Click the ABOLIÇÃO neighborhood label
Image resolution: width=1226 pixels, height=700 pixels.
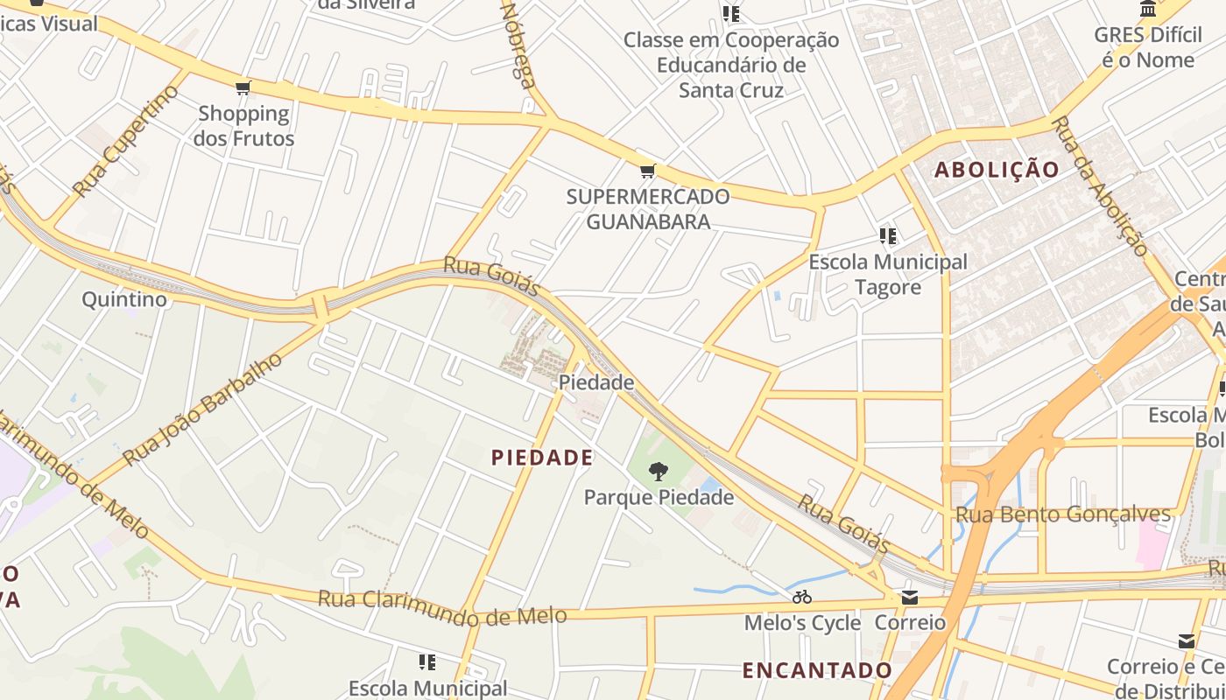pyautogui.click(x=997, y=170)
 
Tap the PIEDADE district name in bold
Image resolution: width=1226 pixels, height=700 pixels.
pyautogui.click(x=542, y=457)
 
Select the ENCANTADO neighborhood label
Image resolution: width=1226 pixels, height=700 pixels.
pyautogui.click(x=817, y=670)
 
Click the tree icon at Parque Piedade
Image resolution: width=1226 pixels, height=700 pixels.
pyautogui.click(x=658, y=472)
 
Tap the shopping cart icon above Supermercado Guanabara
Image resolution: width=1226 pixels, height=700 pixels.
pyautogui.click(x=647, y=171)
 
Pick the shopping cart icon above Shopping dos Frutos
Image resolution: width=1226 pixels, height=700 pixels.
pyautogui.click(x=243, y=87)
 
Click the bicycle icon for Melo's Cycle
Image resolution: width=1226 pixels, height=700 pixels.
pyautogui.click(x=802, y=598)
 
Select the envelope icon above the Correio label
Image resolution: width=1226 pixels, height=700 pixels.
pyautogui.click(x=910, y=598)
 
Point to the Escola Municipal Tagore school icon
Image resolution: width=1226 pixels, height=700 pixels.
pyautogui.click(x=888, y=236)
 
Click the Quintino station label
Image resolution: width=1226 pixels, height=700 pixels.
pyautogui.click(x=123, y=299)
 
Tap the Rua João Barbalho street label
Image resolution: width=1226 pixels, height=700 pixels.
pyautogui.click(x=203, y=409)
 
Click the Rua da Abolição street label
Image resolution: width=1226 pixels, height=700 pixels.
pyautogui.click(x=1099, y=185)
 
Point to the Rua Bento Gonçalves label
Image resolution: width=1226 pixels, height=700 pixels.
pyautogui.click(x=1062, y=514)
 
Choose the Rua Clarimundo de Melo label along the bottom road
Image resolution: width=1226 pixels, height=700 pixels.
pyautogui.click(x=441, y=608)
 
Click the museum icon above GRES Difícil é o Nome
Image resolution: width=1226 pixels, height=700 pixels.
pyautogui.click(x=1148, y=9)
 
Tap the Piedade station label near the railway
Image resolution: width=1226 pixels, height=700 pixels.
pyautogui.click(x=596, y=382)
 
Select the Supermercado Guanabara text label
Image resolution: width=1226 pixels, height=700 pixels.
pyautogui.click(x=647, y=209)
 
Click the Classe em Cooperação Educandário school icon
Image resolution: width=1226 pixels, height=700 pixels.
pyautogui.click(x=731, y=13)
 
